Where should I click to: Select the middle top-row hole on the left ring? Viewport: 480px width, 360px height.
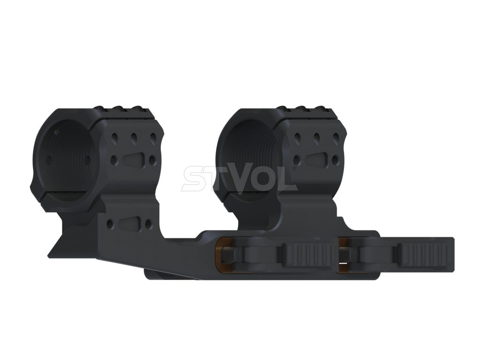tap(134, 138)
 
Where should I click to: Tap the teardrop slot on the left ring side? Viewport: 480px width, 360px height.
tap(132, 160)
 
